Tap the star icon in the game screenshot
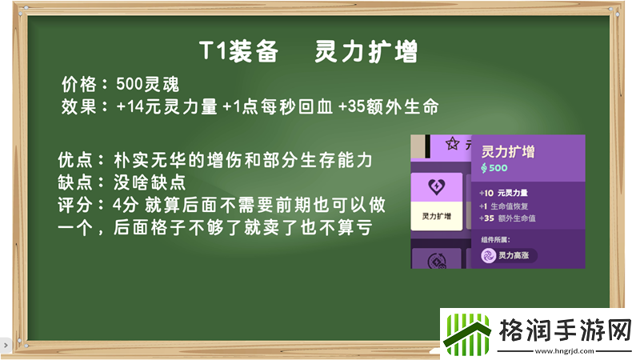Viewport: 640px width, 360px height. (453, 144)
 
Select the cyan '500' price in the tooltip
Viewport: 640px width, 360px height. (498, 168)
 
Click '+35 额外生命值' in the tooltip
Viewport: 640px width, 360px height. (519, 218)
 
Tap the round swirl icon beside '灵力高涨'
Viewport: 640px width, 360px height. (488, 255)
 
